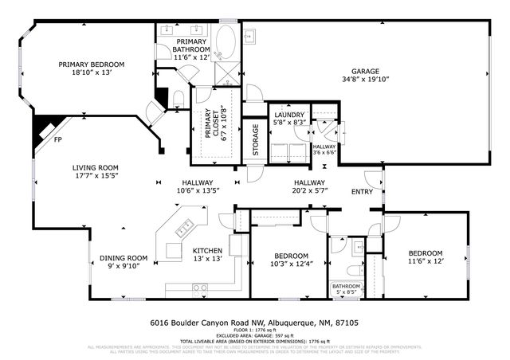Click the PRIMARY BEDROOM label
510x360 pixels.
click(91, 65)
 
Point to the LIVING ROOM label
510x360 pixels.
click(96, 167)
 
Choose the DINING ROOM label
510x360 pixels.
click(124, 258)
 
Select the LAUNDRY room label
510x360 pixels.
click(288, 113)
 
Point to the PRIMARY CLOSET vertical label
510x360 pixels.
click(213, 123)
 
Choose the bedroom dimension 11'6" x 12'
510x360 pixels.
click(425, 260)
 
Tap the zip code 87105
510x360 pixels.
click(347, 323)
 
